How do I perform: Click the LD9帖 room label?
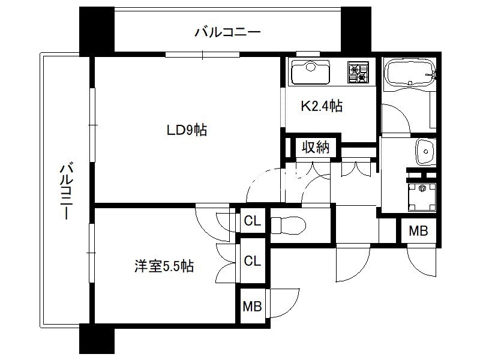[187, 130]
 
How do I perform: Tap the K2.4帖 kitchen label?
[322, 106]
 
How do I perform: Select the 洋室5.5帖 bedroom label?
[164, 266]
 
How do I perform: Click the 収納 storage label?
[316, 147]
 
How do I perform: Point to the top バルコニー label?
[228, 32]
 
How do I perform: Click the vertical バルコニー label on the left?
[66, 191]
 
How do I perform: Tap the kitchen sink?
[310, 72]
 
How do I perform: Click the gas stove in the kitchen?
[358, 72]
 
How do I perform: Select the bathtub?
[410, 75]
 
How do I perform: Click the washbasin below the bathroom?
[425, 152]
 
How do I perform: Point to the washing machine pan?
[422, 197]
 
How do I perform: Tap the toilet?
[288, 226]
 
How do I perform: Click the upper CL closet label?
[252, 220]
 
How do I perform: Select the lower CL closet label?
[252, 261]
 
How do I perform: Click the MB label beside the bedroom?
[252, 306]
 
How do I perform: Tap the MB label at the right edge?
[418, 231]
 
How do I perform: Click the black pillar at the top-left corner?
[97, 29]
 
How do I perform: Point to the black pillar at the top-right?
[356, 29]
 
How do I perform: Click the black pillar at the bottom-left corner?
[97, 339]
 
